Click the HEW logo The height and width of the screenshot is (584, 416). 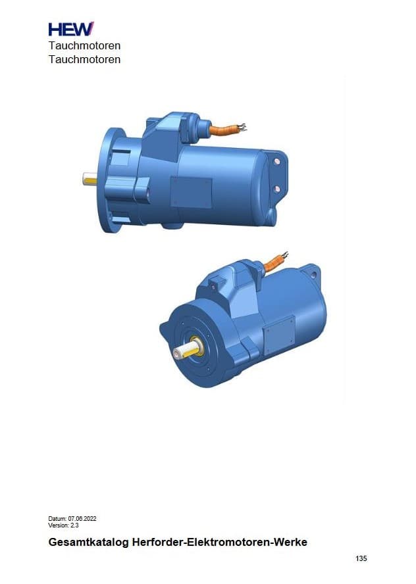click(x=71, y=29)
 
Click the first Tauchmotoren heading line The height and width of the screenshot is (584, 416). click(x=85, y=46)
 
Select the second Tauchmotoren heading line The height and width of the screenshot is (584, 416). click(x=85, y=59)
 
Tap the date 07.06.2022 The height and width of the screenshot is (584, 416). click(x=82, y=518)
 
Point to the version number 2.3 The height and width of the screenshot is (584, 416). click(x=74, y=525)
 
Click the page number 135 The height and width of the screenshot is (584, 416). click(x=361, y=558)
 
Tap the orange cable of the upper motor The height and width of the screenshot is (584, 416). click(x=224, y=130)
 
